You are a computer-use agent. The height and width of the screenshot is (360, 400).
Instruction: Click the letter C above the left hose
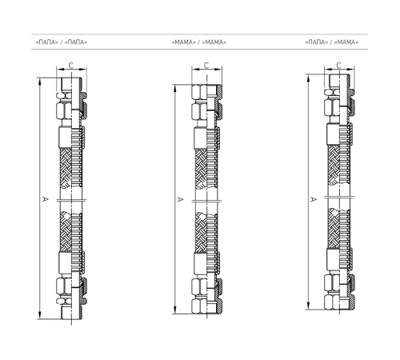pos(71,66)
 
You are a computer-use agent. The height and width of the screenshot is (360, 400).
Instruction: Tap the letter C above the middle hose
pos(206,66)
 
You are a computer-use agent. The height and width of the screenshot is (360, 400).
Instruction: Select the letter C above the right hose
pos(338,66)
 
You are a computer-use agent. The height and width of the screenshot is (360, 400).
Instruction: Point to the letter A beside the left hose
pos(45,199)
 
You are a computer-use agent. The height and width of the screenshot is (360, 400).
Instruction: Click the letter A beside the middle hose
pos(180,199)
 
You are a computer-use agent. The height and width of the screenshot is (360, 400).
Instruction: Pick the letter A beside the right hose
pos(314,199)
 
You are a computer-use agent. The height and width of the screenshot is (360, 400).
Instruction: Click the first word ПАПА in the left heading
pos(47,42)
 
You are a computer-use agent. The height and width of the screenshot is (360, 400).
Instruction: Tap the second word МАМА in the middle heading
pos(214,42)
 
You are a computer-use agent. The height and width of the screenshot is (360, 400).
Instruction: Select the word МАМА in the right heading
pos(346,42)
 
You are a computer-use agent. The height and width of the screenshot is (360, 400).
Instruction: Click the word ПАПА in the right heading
pos(317,42)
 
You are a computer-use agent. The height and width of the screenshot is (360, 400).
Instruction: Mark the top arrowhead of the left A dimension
pos(40,82)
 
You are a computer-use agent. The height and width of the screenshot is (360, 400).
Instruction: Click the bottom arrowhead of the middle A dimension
pos(175,310)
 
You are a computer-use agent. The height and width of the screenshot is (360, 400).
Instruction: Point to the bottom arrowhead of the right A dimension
pos(309,306)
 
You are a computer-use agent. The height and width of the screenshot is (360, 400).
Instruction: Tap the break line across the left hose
pos(71,200)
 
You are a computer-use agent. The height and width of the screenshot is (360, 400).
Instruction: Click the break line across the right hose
pos(339,198)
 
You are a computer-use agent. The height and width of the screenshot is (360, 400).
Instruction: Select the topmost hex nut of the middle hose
pos(199,90)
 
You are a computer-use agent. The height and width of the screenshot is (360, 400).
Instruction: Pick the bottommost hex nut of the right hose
pos(332,302)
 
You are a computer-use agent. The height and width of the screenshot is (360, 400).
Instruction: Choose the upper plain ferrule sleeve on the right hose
pos(333,134)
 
